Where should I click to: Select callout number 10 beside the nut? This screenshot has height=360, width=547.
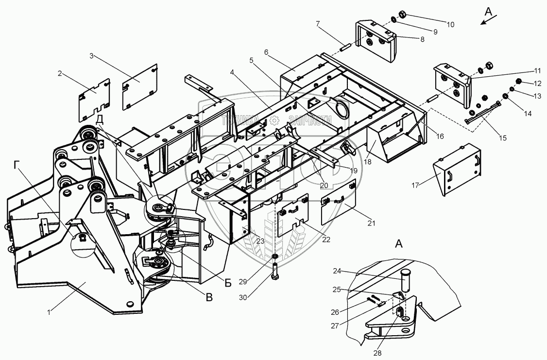[450, 24]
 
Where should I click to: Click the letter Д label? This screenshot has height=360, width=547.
[99, 119]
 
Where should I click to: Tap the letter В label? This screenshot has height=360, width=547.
[209, 297]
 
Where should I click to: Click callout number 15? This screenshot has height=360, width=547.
[502, 138]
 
